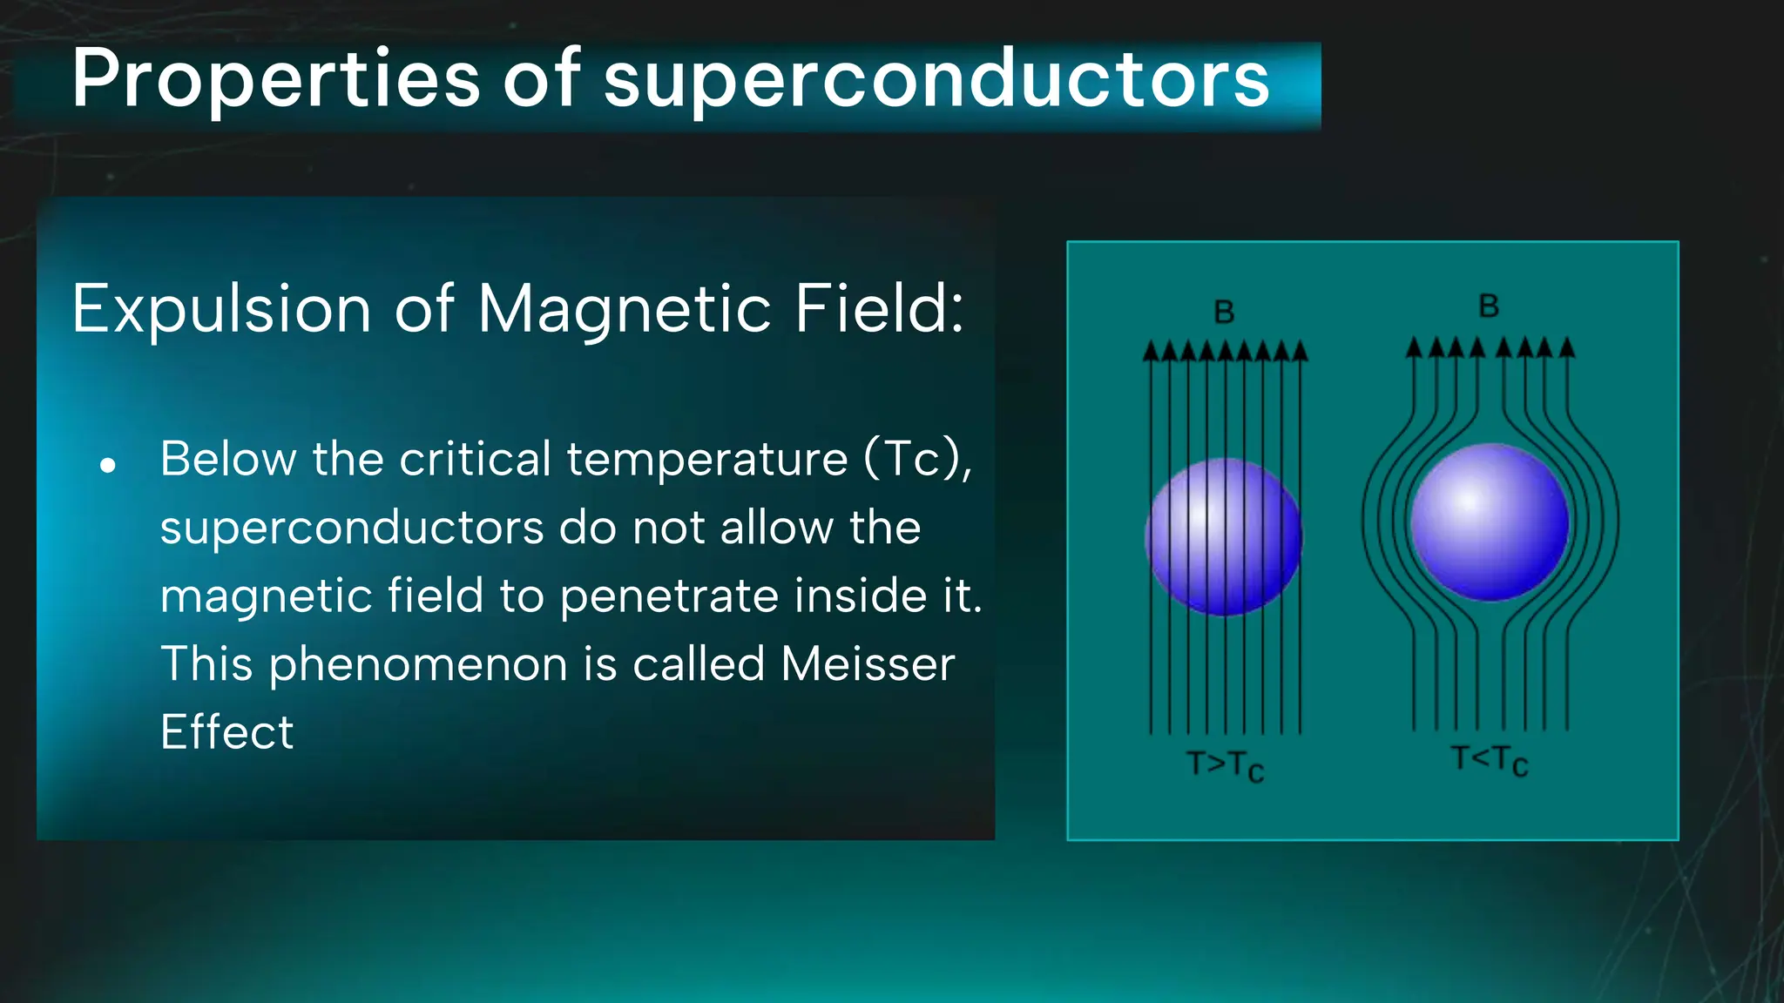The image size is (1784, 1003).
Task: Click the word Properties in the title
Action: tap(275, 80)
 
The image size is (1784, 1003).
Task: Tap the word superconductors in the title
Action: tap(936, 80)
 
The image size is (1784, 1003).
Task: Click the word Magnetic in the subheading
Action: tap(624, 309)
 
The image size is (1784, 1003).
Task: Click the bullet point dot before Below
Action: tap(108, 466)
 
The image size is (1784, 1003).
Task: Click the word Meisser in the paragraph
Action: tap(868, 664)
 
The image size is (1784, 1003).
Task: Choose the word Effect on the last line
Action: tap(226, 732)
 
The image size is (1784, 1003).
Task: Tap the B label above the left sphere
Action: tap(1224, 312)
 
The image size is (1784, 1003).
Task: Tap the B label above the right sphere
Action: tap(1489, 306)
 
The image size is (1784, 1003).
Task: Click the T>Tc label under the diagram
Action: tap(1225, 766)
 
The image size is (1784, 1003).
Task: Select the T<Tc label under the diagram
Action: tap(1490, 760)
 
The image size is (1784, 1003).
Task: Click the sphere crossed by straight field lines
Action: tap(1224, 536)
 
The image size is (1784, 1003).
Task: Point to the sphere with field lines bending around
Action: tap(1490, 522)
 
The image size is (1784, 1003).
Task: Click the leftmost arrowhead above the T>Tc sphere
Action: tap(1151, 352)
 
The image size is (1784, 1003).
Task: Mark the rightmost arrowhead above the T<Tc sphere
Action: tap(1567, 348)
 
